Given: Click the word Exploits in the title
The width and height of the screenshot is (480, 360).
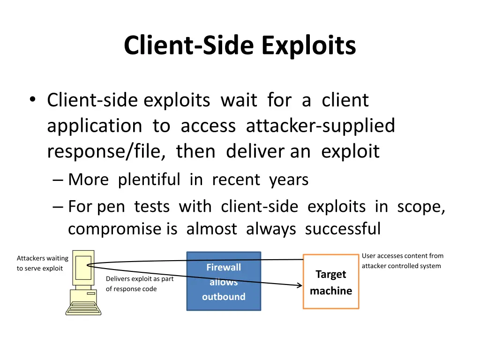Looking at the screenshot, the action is coord(308,46).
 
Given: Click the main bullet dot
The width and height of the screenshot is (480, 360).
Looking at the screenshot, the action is coord(33,99).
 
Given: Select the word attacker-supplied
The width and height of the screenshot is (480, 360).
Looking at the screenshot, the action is coord(321,126).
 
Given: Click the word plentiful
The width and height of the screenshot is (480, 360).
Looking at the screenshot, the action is coord(149,180).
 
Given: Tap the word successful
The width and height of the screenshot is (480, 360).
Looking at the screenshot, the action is coord(343,228).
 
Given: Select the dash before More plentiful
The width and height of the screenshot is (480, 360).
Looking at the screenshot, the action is coord(58,180).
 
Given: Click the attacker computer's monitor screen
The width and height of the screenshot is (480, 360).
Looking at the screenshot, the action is coord(83,268).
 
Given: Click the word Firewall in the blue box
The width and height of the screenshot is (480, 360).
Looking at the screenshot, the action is coord(224,267).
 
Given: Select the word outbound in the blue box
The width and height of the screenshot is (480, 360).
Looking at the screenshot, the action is coord(224,297).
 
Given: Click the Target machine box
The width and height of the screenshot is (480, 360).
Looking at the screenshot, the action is coord(331,282).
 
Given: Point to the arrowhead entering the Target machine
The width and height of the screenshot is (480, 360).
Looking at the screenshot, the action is coord(300,285).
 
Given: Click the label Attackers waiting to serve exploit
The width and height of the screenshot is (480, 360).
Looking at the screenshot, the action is coord(43,263).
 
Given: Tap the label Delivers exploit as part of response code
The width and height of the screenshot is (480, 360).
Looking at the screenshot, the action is coord(140,284).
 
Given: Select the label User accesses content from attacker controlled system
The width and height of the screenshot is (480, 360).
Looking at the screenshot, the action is coord(403,261).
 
